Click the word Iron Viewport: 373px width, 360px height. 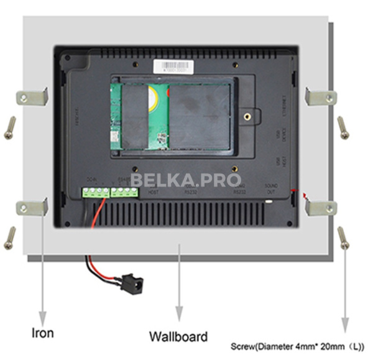click(42, 333)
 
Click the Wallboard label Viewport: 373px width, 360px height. click(178, 336)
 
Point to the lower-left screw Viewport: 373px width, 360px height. click(9, 238)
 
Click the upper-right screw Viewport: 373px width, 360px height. click(343, 127)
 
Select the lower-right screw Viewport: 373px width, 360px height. click(344, 238)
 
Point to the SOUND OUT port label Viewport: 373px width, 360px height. click(270, 188)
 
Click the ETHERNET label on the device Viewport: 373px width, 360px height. click(284, 106)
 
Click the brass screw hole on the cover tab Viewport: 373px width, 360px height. click(247, 116)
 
